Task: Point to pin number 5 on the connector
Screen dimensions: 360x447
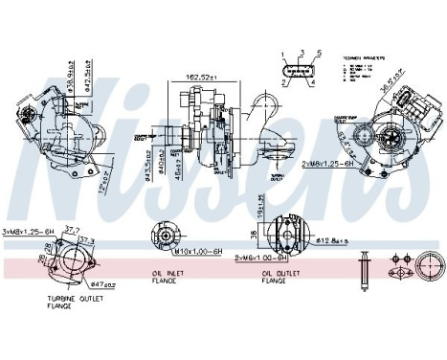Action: click(x=318, y=53)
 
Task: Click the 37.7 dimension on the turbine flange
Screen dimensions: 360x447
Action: click(x=70, y=230)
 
